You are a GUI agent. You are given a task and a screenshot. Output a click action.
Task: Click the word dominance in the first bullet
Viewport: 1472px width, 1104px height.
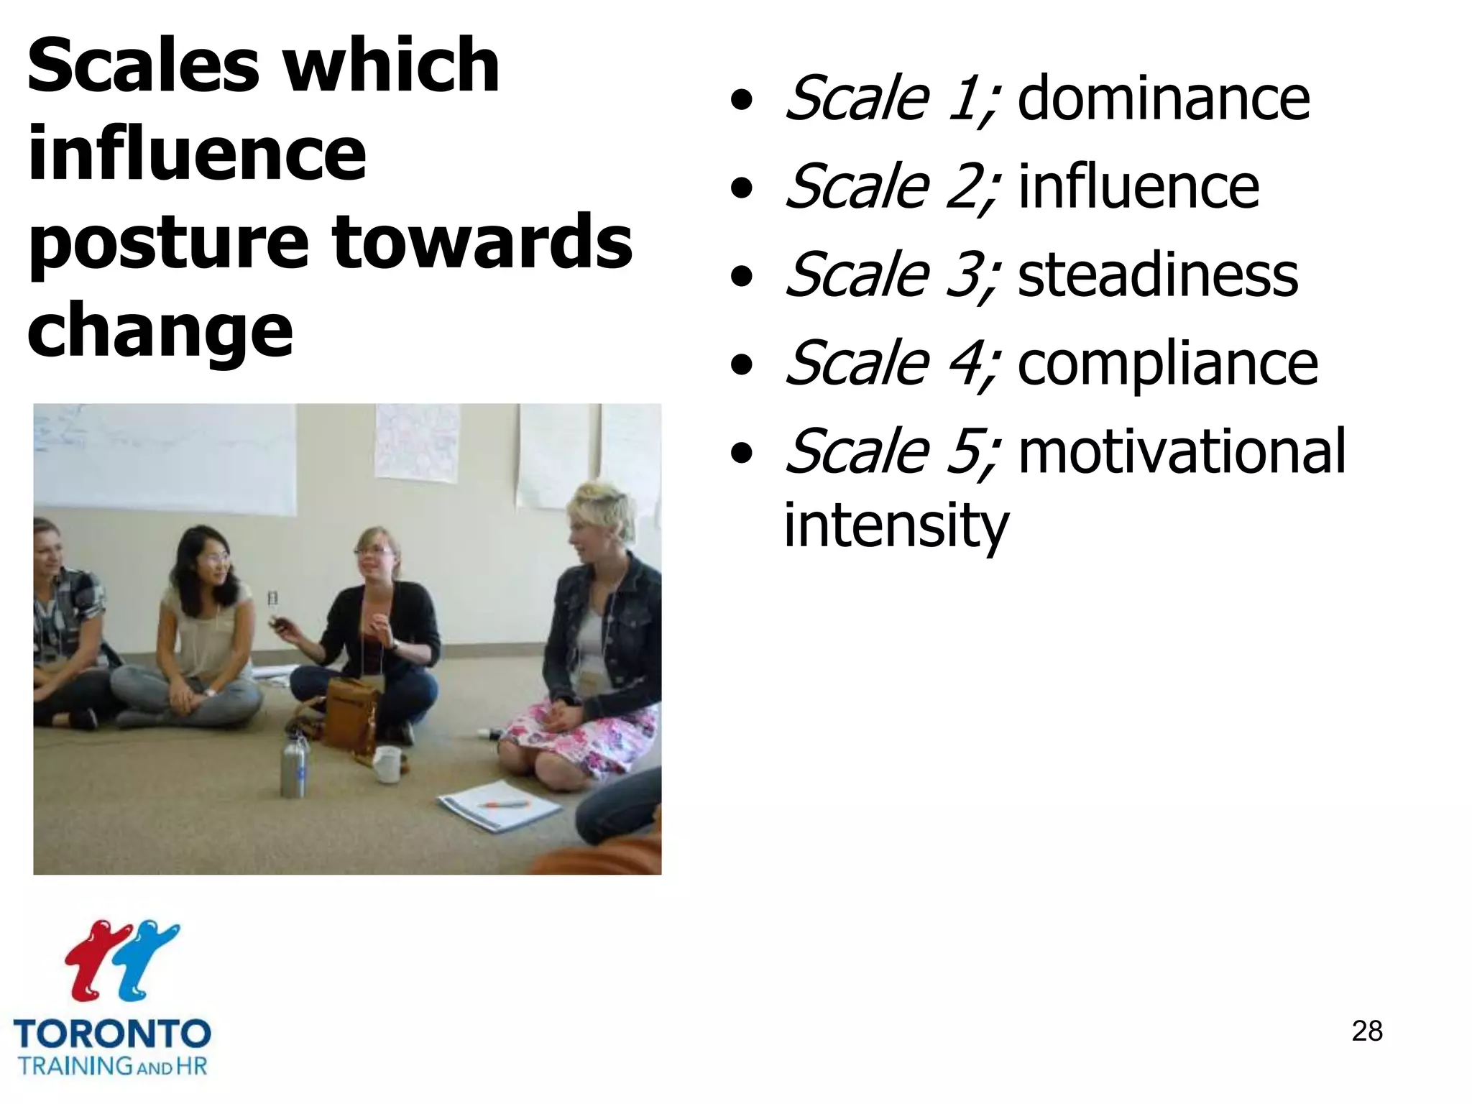coord(1163,99)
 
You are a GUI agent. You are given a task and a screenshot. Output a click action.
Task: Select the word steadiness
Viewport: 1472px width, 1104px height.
coord(1157,276)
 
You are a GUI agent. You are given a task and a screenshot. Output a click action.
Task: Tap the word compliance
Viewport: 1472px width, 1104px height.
coord(1167,365)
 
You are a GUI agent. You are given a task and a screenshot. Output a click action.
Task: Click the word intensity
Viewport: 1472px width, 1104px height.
coord(896,526)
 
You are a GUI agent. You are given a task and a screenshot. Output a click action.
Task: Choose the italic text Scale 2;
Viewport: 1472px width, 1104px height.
coord(891,187)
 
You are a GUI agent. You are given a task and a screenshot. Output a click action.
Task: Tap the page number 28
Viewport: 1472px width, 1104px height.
coord(1366,1031)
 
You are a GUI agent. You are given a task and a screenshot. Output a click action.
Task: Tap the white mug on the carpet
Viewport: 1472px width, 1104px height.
coord(387,763)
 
